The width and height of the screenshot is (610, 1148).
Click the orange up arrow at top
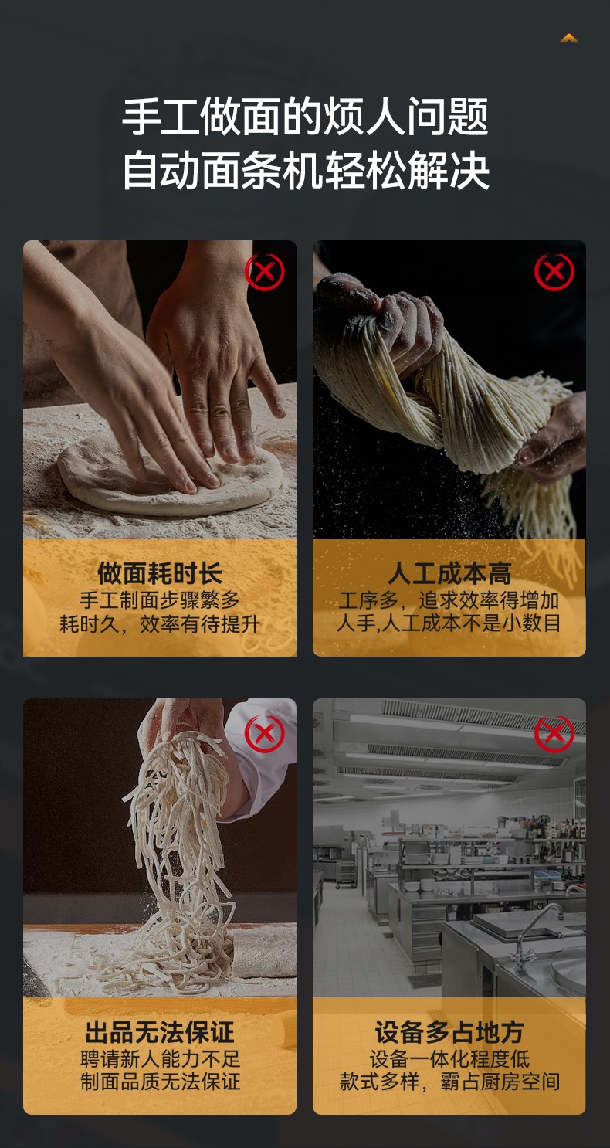569,39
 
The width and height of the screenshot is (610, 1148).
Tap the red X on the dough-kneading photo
264,272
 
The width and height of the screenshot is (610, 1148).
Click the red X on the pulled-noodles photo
554,272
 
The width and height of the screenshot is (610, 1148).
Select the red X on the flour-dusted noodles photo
264,734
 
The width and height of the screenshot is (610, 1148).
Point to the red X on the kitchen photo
554,734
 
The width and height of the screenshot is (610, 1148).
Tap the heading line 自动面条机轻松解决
305,170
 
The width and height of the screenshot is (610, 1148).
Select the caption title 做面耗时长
159,573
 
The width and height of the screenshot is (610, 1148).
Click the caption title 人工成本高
449,573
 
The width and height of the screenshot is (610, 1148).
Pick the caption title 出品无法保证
159,1032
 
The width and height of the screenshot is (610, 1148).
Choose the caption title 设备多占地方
449,1032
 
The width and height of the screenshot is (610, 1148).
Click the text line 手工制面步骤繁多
159,600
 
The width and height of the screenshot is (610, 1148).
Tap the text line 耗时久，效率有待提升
159,624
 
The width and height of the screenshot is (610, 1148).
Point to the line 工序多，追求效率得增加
449,600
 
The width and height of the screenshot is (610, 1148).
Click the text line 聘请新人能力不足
160,1059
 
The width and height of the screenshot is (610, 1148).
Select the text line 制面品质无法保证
160,1082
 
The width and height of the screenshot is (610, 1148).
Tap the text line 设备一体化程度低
449,1059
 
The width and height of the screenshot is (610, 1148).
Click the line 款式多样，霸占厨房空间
449,1082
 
